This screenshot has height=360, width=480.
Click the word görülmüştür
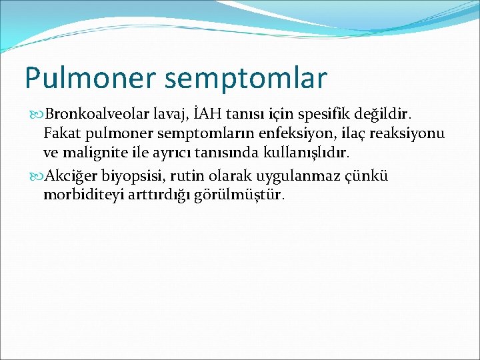[248, 195]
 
